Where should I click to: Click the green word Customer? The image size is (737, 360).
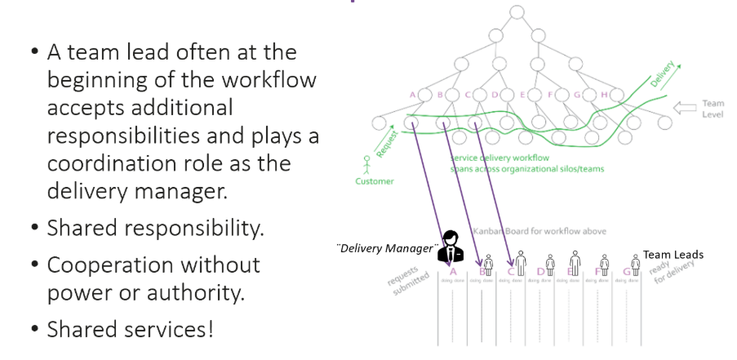[374, 181]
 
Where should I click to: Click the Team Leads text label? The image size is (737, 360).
[673, 255]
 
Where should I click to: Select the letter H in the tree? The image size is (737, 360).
[605, 95]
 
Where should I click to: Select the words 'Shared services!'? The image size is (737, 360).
[130, 330]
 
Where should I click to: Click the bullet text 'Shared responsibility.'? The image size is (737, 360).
[155, 229]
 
